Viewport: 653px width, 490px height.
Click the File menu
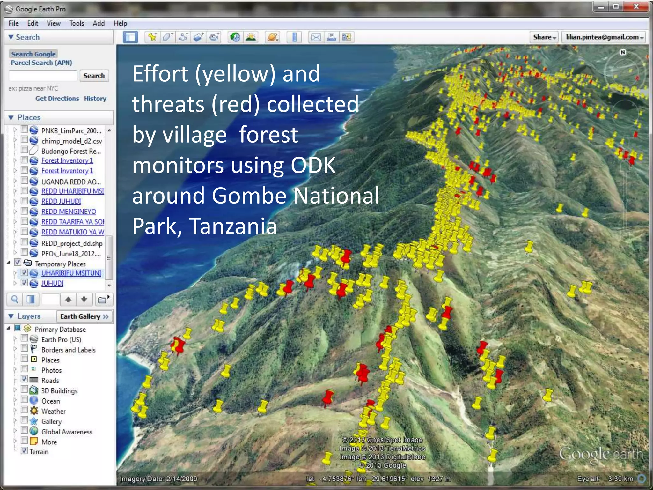tap(13, 23)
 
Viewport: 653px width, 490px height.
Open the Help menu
tap(120, 23)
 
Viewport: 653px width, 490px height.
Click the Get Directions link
tap(57, 99)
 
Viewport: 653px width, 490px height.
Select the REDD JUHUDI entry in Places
tap(61, 201)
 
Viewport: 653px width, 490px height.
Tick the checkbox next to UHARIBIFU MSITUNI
tap(24, 273)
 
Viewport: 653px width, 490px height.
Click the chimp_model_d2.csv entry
tap(71, 141)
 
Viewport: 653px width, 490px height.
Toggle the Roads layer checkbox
tap(24, 379)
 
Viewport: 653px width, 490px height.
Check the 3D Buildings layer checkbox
tap(24, 390)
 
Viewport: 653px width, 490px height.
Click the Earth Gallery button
tap(84, 316)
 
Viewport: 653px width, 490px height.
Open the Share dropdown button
tap(544, 37)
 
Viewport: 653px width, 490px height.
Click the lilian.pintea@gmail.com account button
tap(603, 37)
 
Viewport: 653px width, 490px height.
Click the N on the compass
tap(623, 52)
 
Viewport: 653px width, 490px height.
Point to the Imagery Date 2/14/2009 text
tap(158, 479)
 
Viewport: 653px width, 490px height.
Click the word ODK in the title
tap(313, 165)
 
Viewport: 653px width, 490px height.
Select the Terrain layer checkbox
tap(24, 451)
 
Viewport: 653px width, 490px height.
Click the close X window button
tap(636, 7)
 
